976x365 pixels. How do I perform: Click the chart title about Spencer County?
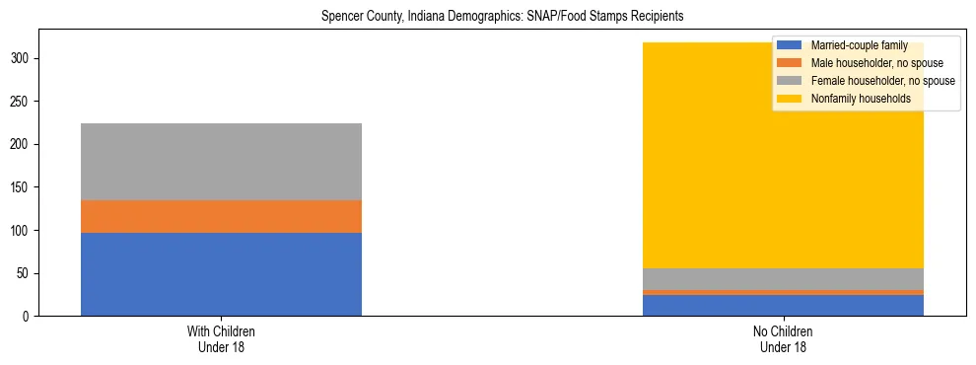503,17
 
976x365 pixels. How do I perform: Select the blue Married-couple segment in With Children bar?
221,274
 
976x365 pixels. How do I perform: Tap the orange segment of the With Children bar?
221,216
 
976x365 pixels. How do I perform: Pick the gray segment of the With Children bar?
221,162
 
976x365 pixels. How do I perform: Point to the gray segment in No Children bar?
784,279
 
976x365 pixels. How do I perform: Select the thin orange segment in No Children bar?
784,292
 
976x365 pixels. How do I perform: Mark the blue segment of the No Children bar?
784,305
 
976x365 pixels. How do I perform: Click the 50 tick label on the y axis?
27,273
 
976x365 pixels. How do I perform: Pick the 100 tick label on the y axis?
24,231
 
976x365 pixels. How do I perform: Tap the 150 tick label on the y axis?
24,187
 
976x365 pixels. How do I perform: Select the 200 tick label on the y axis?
24,145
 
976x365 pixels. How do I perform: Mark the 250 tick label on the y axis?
24,102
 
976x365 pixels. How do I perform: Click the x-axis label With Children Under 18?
221,338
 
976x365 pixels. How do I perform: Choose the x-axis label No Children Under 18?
784,338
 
